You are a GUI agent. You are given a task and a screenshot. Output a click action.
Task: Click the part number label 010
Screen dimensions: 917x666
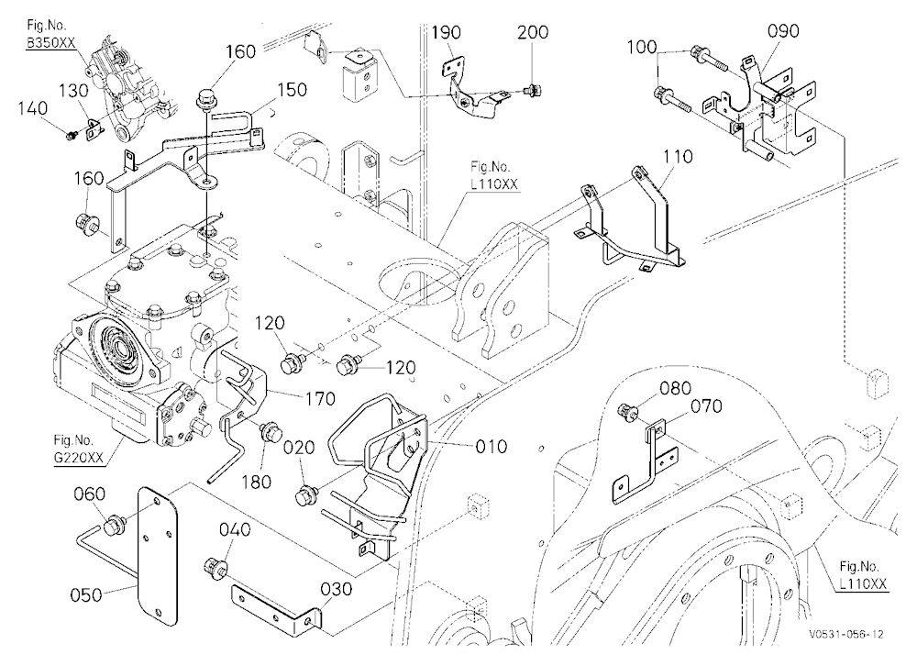tap(491, 447)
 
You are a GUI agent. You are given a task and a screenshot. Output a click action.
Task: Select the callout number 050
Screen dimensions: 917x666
tap(86, 594)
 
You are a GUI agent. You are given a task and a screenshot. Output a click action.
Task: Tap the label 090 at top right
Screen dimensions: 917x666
tap(782, 30)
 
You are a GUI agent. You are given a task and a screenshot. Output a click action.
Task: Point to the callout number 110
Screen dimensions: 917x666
tap(678, 156)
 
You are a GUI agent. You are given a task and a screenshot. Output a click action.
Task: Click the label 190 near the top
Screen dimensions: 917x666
tap(447, 32)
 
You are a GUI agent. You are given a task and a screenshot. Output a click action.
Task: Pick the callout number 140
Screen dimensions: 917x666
tap(32, 108)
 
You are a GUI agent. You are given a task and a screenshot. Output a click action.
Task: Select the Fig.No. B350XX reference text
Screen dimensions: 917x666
tap(51, 35)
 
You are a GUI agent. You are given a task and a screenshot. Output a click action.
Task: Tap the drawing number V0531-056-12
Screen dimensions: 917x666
tap(846, 634)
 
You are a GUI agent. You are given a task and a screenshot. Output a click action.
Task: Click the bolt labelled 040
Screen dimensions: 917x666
tap(215, 568)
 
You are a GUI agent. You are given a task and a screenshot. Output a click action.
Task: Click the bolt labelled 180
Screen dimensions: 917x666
tap(270, 432)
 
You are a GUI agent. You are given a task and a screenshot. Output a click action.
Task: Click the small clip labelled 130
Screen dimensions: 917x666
tap(94, 129)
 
